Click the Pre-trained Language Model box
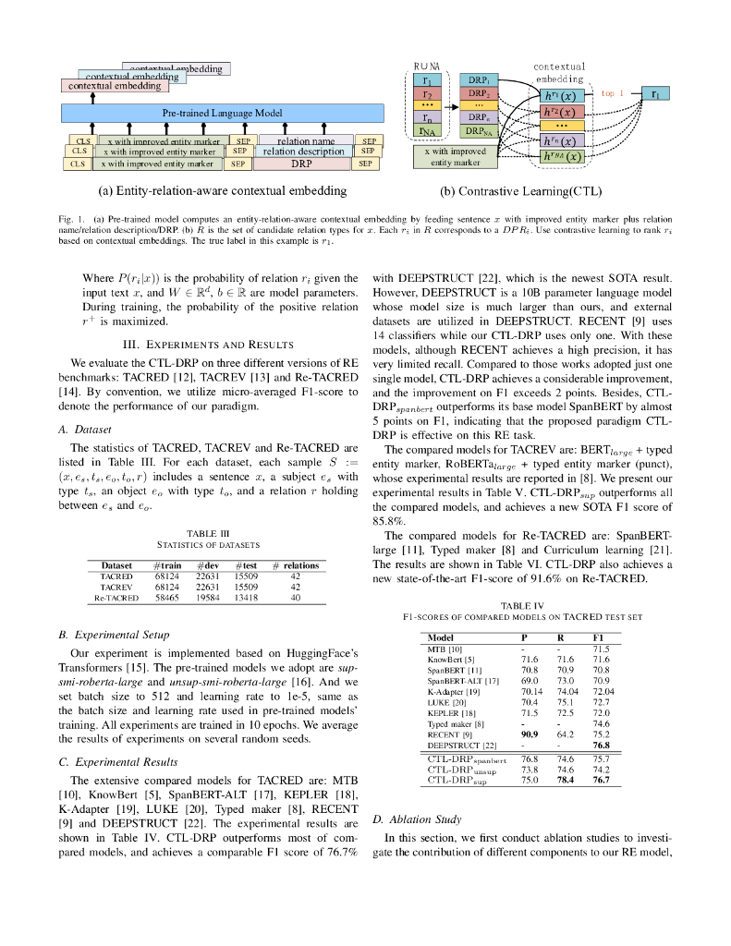[222, 112]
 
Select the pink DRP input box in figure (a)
[301, 164]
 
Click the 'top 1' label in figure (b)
[613, 93]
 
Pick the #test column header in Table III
[245, 564]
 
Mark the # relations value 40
[295, 598]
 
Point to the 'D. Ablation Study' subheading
[416, 819]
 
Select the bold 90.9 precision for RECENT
[530, 734]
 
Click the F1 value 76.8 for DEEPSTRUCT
[601, 745]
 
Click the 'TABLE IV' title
[520, 605]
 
